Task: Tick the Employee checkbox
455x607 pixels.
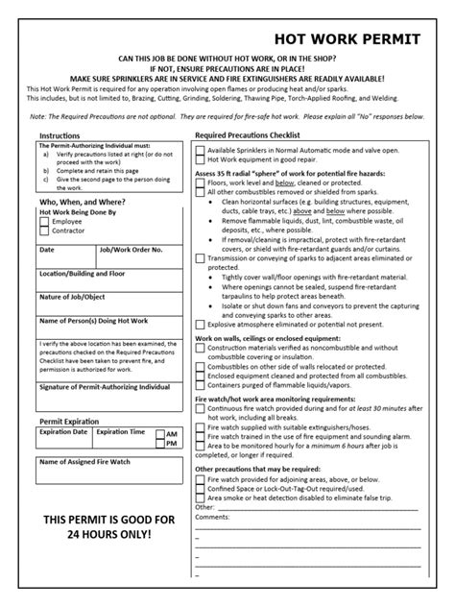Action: [x=44, y=222]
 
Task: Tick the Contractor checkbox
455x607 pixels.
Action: [x=44, y=231]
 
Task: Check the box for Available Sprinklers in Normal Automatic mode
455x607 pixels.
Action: [x=200, y=151]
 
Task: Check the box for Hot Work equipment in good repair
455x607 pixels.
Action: [x=200, y=160]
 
